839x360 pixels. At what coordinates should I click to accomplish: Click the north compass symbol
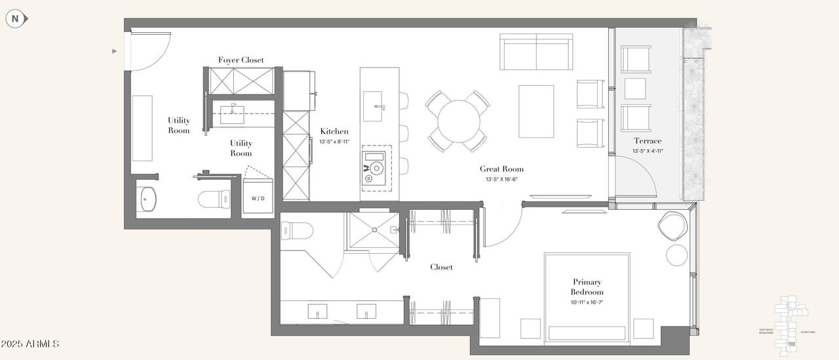pyautogui.click(x=16, y=19)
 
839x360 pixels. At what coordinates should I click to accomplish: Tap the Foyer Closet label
pyautogui.click(x=241, y=60)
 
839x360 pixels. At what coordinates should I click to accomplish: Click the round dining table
pyautogui.click(x=459, y=121)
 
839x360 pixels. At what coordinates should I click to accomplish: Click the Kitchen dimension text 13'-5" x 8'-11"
pyautogui.click(x=334, y=142)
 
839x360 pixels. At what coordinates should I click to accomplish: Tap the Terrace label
pyautogui.click(x=647, y=141)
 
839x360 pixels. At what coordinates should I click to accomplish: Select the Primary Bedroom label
pyautogui.click(x=587, y=287)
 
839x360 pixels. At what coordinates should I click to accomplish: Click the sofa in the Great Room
pyautogui.click(x=536, y=52)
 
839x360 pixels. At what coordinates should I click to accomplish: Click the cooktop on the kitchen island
pyautogui.click(x=376, y=169)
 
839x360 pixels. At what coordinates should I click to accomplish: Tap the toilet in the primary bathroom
pyautogui.click(x=296, y=230)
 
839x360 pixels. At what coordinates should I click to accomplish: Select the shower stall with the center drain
pyautogui.click(x=373, y=230)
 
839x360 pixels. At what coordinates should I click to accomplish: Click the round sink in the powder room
pyautogui.click(x=149, y=199)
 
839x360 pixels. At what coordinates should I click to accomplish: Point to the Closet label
pyautogui.click(x=441, y=267)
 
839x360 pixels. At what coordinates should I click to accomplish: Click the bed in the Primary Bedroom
pyautogui.click(x=587, y=298)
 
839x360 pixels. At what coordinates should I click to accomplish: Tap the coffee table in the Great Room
pyautogui.click(x=536, y=111)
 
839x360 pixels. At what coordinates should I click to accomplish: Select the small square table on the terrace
pyautogui.click(x=635, y=89)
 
